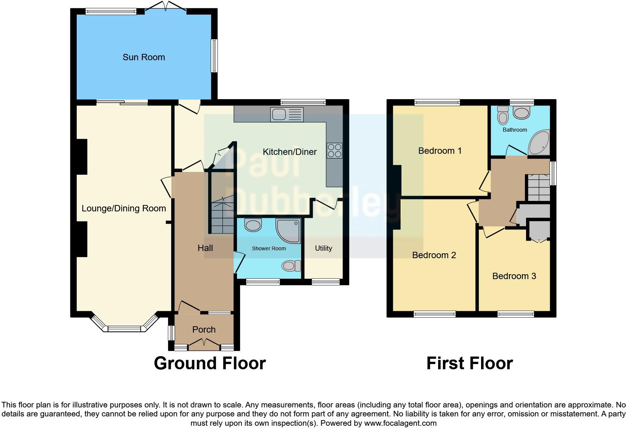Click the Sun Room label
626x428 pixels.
pos(144,57)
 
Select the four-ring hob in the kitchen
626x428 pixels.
pos(334,150)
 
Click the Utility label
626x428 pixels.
pos(323,248)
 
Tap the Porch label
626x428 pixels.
pos(204,330)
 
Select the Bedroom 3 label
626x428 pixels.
pos(514,276)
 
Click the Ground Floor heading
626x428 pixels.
pos(210,363)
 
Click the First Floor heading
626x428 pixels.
pos(469,363)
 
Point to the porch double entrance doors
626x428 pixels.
pos(204,343)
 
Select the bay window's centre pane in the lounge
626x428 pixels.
pos(124,329)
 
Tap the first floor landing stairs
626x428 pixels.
pos(538,188)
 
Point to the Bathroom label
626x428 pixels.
pos(515,130)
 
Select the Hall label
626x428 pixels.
pos(205,248)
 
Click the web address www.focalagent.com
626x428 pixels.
pos(400,423)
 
